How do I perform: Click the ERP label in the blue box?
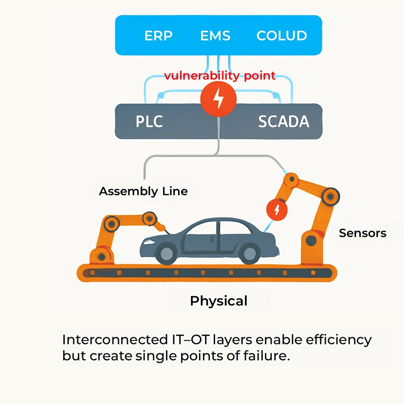point(158,36)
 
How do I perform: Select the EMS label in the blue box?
point(215,36)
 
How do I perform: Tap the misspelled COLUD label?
point(282,36)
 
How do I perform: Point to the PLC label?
point(149,121)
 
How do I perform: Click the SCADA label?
point(283,121)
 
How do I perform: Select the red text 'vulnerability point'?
point(220,76)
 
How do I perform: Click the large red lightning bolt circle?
point(218,98)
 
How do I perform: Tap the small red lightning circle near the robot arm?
point(277,210)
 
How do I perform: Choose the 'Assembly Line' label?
point(143,191)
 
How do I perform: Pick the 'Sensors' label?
point(362,233)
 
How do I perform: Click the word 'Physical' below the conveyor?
point(219,301)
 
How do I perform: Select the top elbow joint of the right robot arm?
point(330,196)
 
